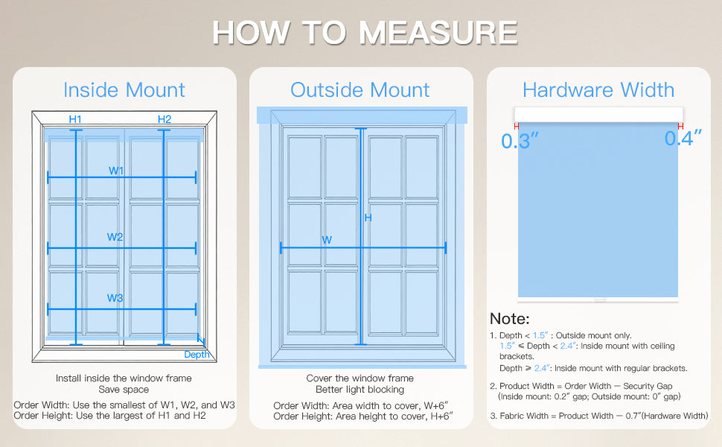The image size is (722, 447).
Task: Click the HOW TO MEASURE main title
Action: pyautogui.click(x=364, y=33)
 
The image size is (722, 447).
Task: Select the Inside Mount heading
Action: pyautogui.click(x=124, y=90)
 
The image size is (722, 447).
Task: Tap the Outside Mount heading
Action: pyautogui.click(x=360, y=90)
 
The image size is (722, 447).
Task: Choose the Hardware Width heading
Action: pyautogui.click(x=598, y=90)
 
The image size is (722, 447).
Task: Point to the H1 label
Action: pyautogui.click(x=75, y=119)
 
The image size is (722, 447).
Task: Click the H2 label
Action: pyautogui.click(x=164, y=119)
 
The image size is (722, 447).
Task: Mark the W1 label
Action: pyautogui.click(x=116, y=171)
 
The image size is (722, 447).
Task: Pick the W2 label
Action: pyautogui.click(x=115, y=237)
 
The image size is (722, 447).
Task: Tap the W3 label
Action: pyautogui.click(x=115, y=298)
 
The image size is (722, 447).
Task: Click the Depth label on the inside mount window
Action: pyautogui.click(x=197, y=354)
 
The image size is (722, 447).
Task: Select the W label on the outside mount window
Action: pyautogui.click(x=327, y=240)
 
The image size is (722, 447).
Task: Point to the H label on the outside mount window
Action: pyautogui.click(x=368, y=218)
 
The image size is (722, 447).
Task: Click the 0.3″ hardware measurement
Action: pyautogui.click(x=520, y=141)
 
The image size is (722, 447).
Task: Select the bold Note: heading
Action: pyautogui.click(x=510, y=319)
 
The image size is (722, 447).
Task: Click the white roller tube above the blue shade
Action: pyautogui.click(x=598, y=114)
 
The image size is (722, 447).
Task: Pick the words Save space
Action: pyautogui.click(x=124, y=389)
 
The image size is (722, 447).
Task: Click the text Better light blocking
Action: pyautogui.click(x=360, y=389)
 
